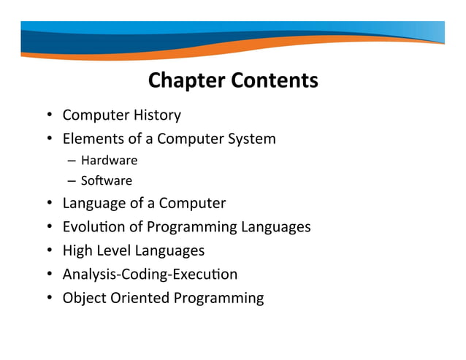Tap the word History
pyautogui.click(x=157, y=115)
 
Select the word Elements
pyautogui.click(x=91, y=138)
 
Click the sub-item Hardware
pyautogui.click(x=109, y=161)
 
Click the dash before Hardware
pyautogui.click(x=74, y=161)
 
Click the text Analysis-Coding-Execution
pyautogui.click(x=150, y=275)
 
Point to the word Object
pyautogui.click(x=84, y=298)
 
